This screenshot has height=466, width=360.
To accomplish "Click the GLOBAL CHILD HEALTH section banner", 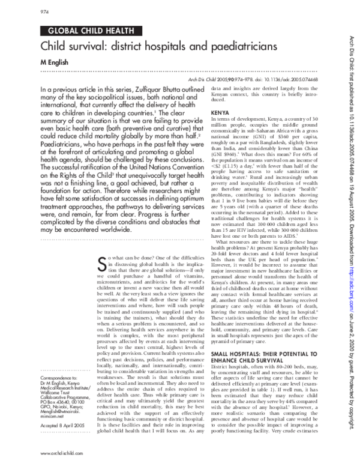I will pyautogui.click(x=82, y=30).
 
